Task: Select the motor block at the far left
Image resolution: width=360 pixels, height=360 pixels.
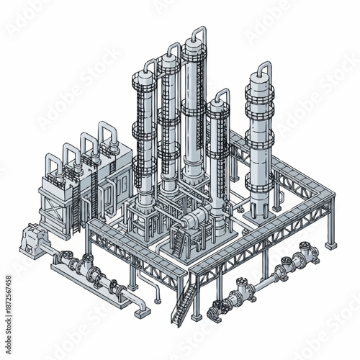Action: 33,238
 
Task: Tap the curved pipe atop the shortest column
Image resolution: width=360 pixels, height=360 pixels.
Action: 220,95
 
